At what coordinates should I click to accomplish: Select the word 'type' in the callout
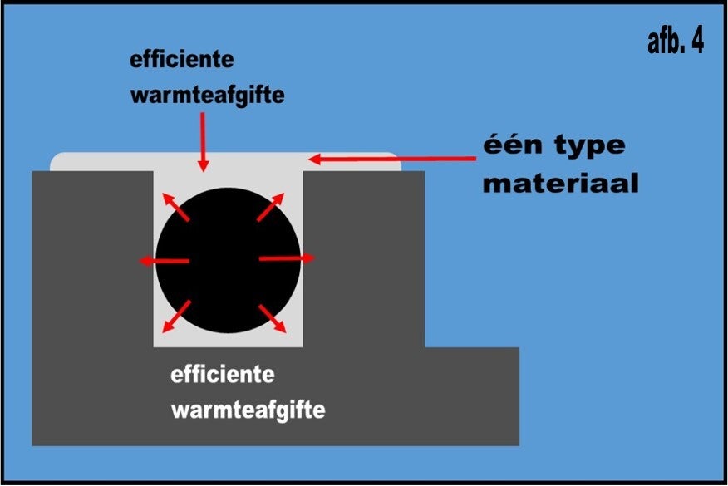pos(585,146)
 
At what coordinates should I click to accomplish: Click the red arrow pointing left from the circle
pos(164,262)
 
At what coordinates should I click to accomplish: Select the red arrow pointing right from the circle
pos(287,258)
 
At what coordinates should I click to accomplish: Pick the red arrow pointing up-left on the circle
pos(176,209)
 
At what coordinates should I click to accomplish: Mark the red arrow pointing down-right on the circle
pos(273,318)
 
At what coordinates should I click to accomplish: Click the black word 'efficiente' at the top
pos(182,61)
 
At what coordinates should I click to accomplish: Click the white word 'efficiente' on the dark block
pos(223,374)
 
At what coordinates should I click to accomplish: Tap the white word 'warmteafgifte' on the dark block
pos(248,410)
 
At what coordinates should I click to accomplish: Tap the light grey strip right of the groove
pos(353,162)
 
